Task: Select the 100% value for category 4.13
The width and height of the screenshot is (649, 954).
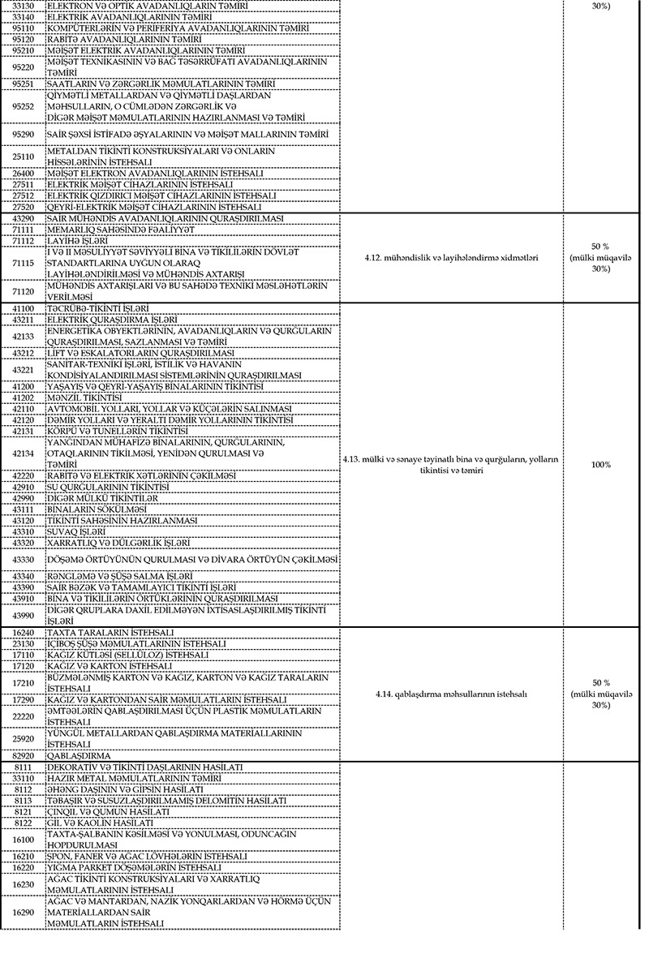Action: click(600, 465)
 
